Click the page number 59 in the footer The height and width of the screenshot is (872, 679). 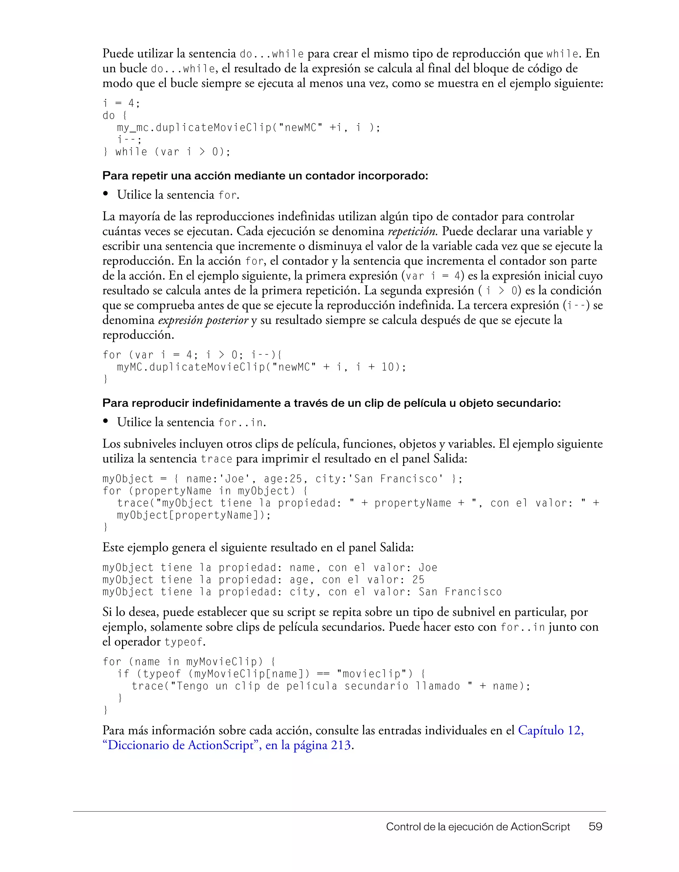(595, 827)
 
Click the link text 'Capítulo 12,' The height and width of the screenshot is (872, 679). (551, 730)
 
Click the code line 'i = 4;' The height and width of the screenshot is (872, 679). (121, 104)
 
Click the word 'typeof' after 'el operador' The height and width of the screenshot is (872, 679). (184, 642)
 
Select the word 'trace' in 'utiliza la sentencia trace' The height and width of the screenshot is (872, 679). (216, 459)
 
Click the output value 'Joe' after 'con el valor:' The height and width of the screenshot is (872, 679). (428, 568)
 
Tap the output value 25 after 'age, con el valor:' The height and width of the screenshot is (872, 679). (418, 580)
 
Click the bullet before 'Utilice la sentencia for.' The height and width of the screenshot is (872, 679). (106, 194)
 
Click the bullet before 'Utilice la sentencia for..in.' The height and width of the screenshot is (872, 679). (106, 421)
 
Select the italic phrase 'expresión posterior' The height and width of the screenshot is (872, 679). (203, 320)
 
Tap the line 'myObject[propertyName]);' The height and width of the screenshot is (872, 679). (194, 515)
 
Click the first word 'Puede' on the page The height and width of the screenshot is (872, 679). (118, 53)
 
